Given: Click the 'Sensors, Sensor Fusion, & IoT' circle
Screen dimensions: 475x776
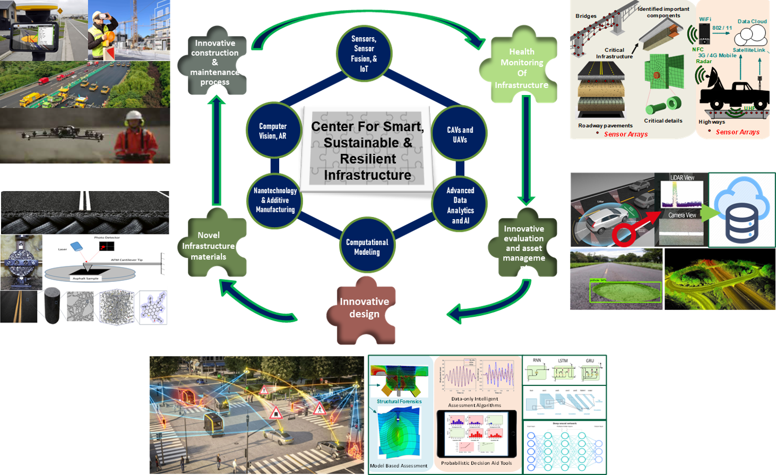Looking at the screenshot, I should click(364, 54).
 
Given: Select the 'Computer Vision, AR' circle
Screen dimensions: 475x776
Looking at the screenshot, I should click(273, 131).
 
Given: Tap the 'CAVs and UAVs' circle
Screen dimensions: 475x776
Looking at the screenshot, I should click(460, 135).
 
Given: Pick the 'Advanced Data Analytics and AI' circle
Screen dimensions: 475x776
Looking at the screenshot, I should click(460, 205).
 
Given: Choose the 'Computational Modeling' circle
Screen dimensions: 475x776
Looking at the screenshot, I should click(367, 247).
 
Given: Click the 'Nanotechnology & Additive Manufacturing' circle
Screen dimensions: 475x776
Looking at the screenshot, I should click(275, 200).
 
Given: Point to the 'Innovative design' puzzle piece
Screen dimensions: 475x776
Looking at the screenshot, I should click(365, 308).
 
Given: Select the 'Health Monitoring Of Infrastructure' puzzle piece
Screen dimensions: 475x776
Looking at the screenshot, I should click(521, 68).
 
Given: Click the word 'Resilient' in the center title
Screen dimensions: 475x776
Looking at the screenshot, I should click(368, 159).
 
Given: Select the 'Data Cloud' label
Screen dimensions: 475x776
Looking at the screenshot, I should click(752, 21).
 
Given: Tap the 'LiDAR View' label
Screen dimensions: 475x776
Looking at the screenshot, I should click(682, 177).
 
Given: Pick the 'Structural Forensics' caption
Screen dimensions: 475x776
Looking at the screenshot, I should click(399, 402).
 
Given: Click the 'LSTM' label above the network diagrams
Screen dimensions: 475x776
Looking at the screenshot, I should click(563, 361).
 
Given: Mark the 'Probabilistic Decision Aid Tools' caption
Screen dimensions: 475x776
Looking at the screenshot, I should click(477, 463).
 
